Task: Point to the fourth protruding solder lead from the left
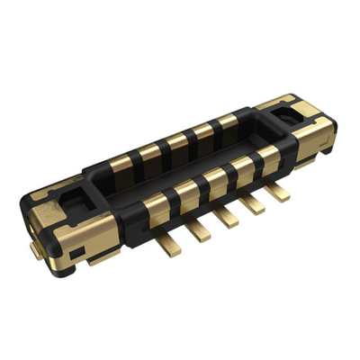[253, 203]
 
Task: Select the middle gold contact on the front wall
[214, 178]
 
